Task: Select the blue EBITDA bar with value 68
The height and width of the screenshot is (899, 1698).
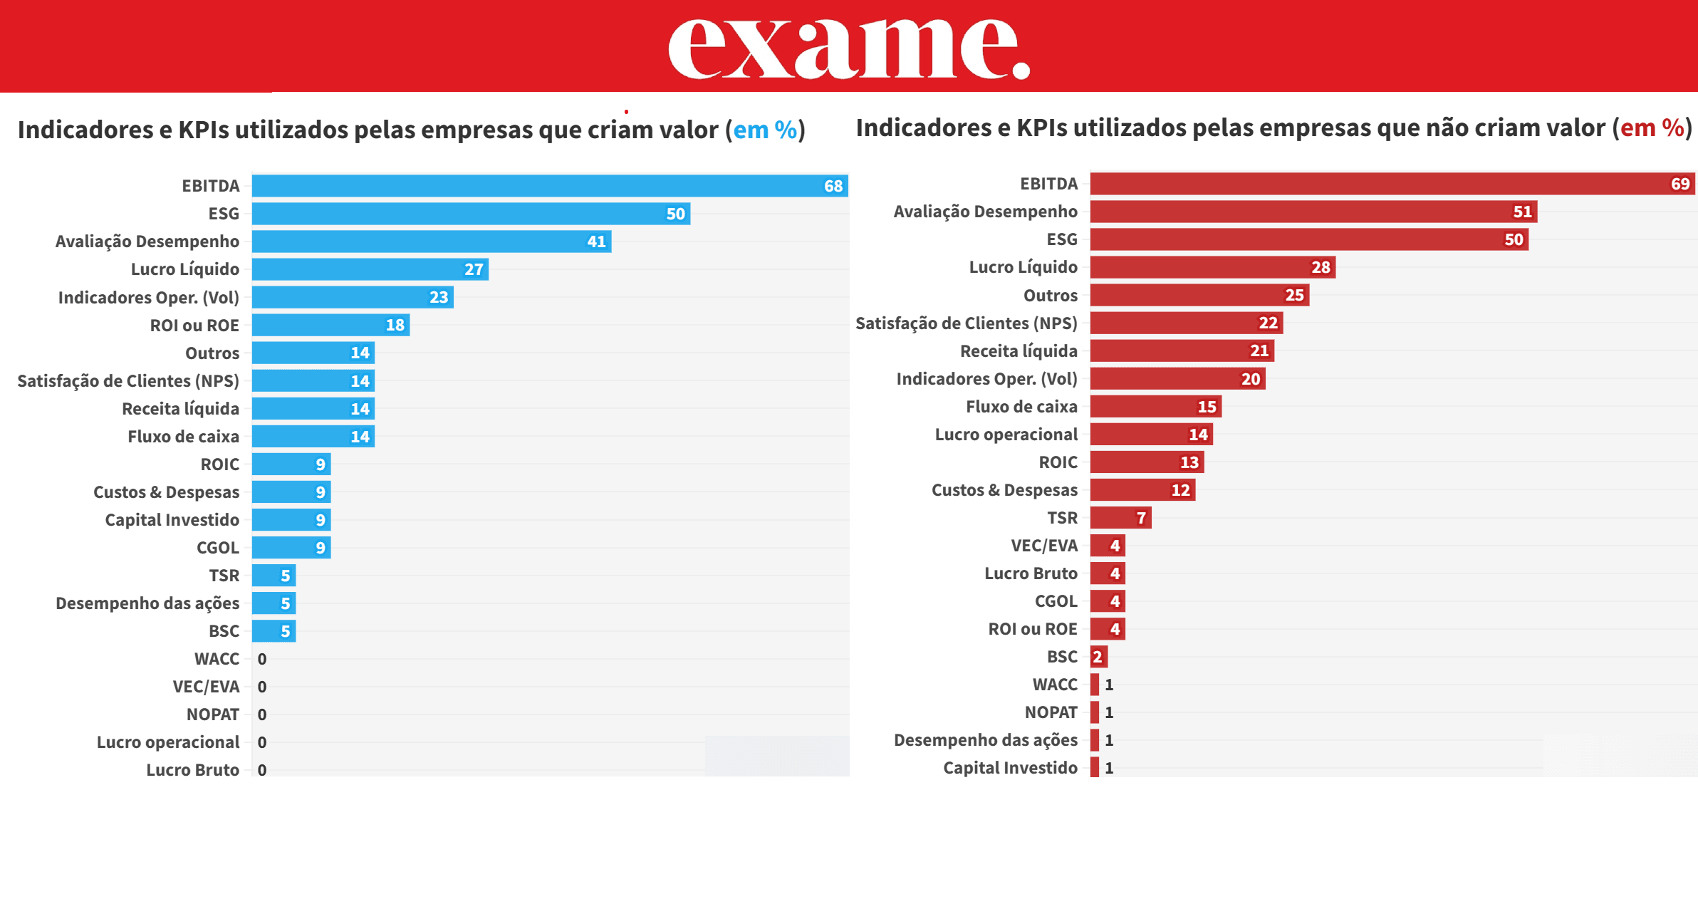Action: pyautogui.click(x=548, y=186)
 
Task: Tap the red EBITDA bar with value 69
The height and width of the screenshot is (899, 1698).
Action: pyautogui.click(x=1389, y=184)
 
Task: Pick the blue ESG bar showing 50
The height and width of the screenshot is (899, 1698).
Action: pyautogui.click(x=470, y=214)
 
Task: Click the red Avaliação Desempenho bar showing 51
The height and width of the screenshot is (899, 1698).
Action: pyautogui.click(x=1311, y=212)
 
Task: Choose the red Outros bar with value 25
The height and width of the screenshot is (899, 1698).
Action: pyautogui.click(x=1197, y=295)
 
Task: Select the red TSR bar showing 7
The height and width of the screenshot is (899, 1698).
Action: pyautogui.click(x=1120, y=518)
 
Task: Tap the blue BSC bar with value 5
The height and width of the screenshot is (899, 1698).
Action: pyautogui.click(x=273, y=631)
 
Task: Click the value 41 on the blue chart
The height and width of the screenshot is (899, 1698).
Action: pyautogui.click(x=596, y=241)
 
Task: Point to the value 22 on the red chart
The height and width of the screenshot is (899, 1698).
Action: pyautogui.click(x=1268, y=323)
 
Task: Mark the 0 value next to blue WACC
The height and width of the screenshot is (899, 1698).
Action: pyautogui.click(x=262, y=659)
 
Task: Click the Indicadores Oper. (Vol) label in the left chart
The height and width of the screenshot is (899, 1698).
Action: pyautogui.click(x=148, y=297)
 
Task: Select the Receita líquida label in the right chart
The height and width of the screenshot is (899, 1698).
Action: pyautogui.click(x=1019, y=350)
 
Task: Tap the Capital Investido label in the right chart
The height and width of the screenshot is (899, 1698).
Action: pyautogui.click(x=1010, y=768)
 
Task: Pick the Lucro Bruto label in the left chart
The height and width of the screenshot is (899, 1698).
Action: pyautogui.click(x=192, y=770)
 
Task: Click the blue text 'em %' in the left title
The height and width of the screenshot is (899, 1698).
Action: pyautogui.click(x=765, y=130)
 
